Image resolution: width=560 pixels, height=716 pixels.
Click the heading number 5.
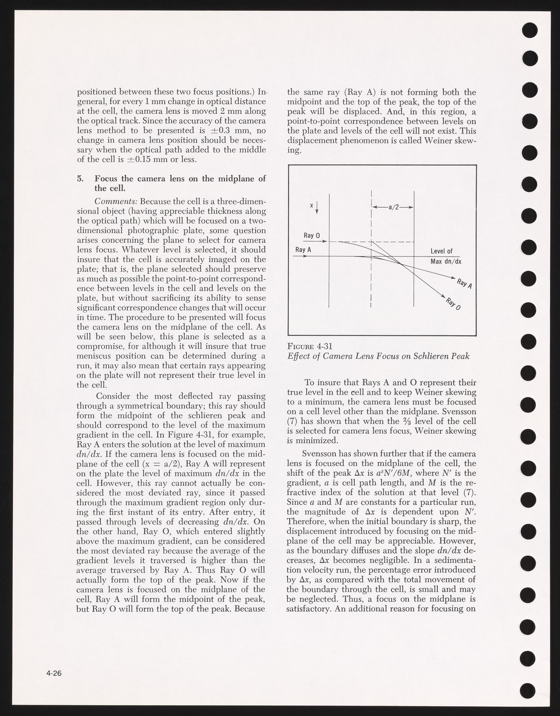(79, 178)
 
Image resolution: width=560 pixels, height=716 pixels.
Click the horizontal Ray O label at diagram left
(311, 236)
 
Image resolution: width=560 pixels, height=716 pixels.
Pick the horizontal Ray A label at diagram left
(303, 250)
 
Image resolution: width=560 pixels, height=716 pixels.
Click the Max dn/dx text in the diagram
(443, 261)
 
